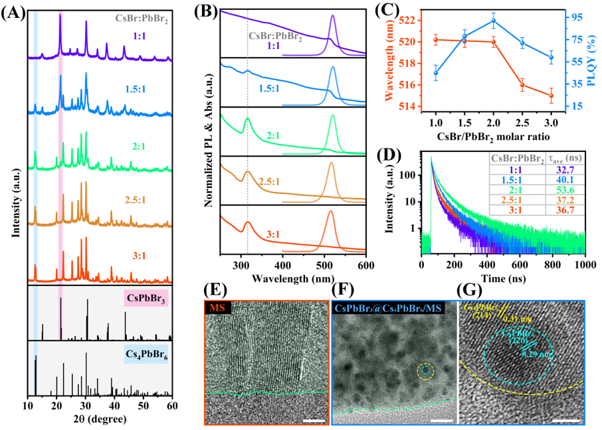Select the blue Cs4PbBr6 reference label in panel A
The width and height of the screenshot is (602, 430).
(146, 355)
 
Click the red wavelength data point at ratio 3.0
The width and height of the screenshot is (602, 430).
(551, 95)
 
